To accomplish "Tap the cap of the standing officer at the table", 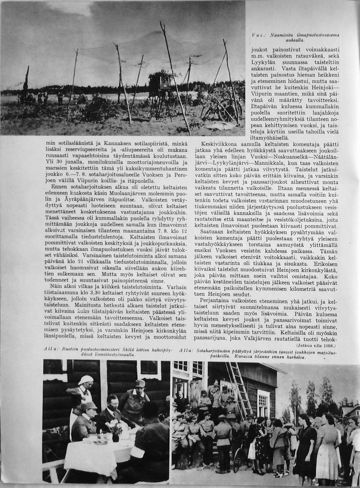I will coord(140,383).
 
